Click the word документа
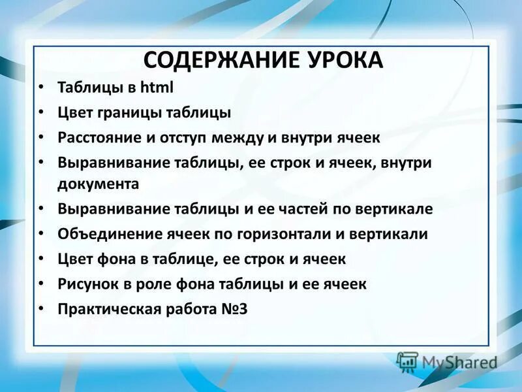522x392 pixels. (98, 184)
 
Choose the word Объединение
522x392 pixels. (103, 234)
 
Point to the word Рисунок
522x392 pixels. (84, 284)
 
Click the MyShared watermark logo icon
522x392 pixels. (407, 361)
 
